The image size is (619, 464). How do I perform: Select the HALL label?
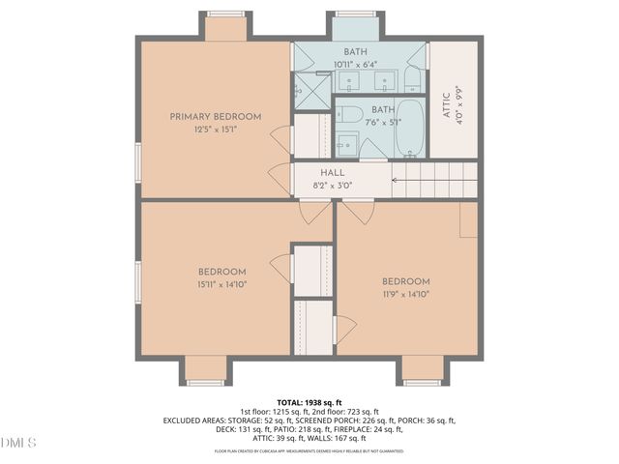point(319,172)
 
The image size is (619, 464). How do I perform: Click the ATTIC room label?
point(445,101)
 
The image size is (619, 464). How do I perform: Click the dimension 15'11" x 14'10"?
point(222,283)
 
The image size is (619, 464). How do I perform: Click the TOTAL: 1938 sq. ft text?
point(309,402)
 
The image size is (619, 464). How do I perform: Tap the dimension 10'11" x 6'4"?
point(356,64)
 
